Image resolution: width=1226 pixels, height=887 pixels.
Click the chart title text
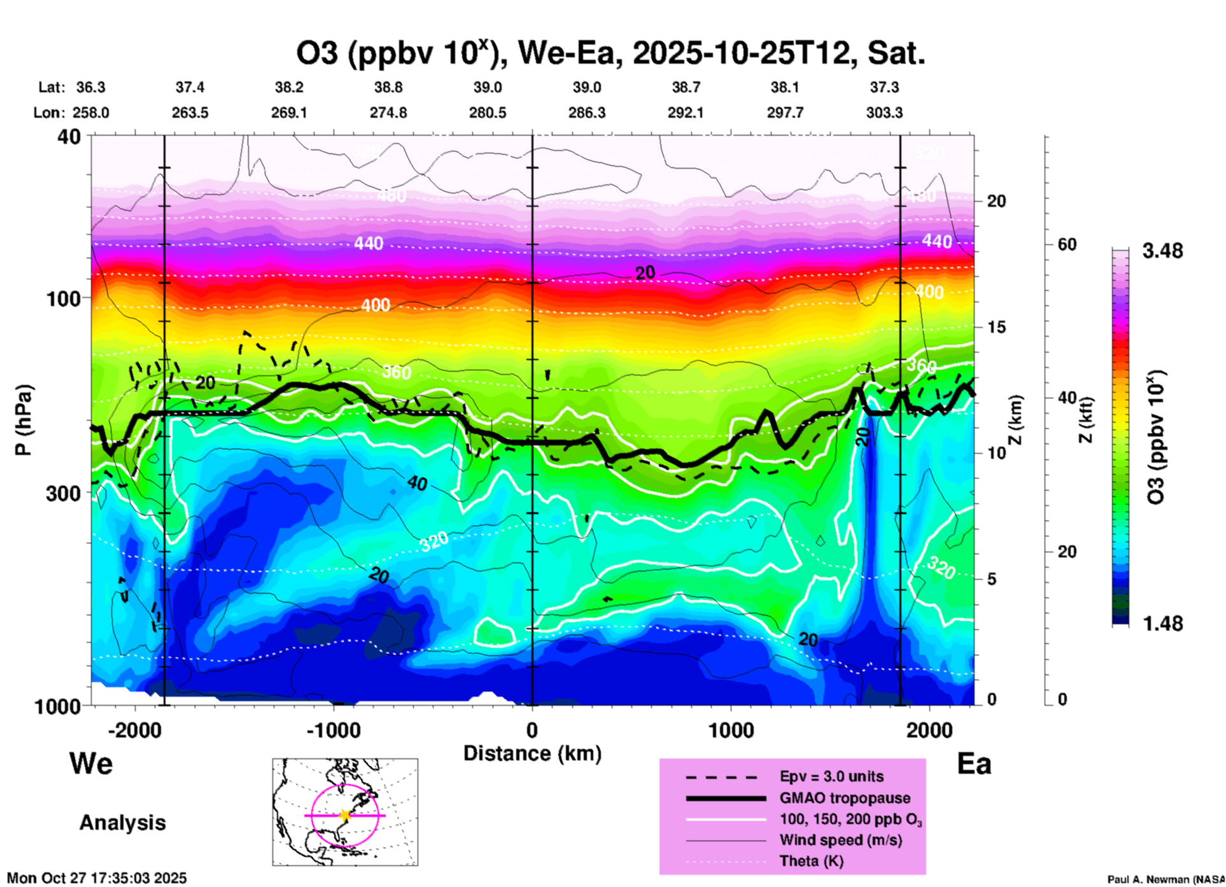pyautogui.click(x=610, y=53)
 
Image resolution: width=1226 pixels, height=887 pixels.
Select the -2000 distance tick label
pyautogui.click(x=134, y=730)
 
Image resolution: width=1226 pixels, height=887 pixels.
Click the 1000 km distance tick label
pyautogui.click(x=731, y=730)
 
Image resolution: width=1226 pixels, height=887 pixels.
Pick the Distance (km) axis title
pyautogui.click(x=532, y=753)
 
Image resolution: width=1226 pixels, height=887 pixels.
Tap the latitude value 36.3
pyautogui.click(x=90, y=87)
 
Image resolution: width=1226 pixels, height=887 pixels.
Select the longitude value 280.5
pyautogui.click(x=488, y=113)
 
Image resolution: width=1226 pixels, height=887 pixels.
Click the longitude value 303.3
pyautogui.click(x=884, y=113)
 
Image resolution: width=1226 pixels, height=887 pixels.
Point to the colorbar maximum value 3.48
pyautogui.click(x=1162, y=251)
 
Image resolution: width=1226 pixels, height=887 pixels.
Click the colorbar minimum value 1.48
pyautogui.click(x=1162, y=624)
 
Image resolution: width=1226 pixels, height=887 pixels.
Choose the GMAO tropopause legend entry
pyautogui.click(x=845, y=798)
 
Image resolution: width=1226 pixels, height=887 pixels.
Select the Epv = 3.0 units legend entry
pyautogui.click(x=831, y=777)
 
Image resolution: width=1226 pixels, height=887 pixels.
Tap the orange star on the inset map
pyautogui.click(x=345, y=815)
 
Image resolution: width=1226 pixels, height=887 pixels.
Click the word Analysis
pyautogui.click(x=122, y=823)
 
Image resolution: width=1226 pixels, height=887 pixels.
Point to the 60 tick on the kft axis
pyautogui.click(x=1067, y=245)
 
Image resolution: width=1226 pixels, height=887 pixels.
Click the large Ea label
pyautogui.click(x=974, y=764)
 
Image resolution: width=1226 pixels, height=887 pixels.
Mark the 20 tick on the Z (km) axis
pyautogui.click(x=996, y=201)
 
